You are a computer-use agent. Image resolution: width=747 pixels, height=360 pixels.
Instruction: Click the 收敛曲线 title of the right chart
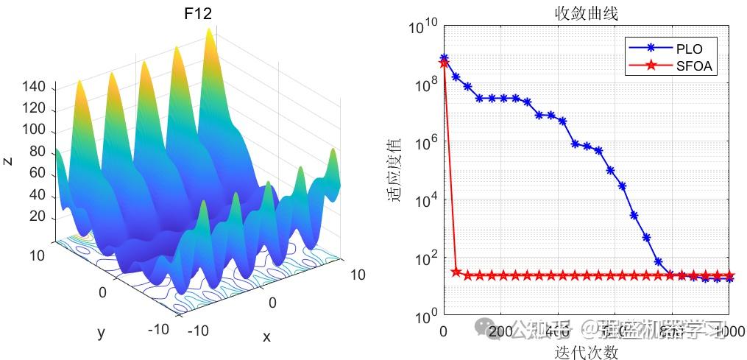587,13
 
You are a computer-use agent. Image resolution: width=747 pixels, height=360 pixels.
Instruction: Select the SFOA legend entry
694,66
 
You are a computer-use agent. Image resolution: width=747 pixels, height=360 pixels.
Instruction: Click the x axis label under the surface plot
266,336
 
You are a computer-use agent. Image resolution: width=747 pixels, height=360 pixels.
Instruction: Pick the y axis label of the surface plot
102,333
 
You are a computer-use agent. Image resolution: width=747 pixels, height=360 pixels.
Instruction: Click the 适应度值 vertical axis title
395,173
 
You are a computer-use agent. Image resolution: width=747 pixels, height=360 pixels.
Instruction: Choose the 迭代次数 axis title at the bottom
587,352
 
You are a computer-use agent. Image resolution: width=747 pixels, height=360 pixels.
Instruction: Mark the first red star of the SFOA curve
444,63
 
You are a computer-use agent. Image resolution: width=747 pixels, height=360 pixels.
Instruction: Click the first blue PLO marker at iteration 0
444,57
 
